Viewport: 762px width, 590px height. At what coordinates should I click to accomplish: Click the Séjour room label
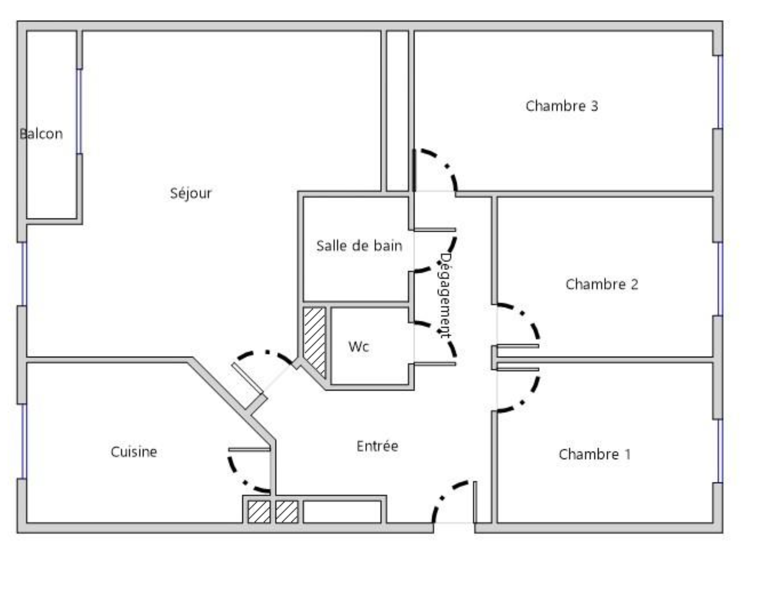point(191,193)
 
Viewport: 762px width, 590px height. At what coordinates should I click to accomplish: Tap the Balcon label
point(41,133)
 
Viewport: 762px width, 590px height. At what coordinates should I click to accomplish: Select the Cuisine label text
point(134,451)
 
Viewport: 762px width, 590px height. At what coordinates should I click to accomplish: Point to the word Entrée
point(377,446)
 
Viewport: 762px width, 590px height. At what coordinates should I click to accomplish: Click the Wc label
point(359,346)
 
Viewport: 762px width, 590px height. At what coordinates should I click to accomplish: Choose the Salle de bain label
point(359,245)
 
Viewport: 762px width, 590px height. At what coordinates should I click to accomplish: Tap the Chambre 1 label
point(595,454)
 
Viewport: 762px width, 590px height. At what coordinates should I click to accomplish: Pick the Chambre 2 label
point(602,284)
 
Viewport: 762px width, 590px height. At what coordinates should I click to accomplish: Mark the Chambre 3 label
point(562,106)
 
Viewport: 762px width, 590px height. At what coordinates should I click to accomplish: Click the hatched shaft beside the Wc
point(315,342)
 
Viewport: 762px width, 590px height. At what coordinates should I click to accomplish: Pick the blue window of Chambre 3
point(719,92)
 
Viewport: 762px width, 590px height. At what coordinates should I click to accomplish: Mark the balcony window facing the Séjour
point(79,111)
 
